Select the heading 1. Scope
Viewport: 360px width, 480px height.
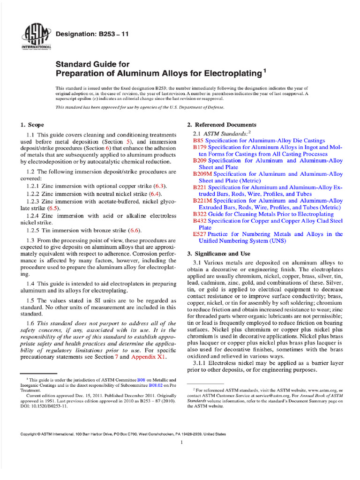point(32,125)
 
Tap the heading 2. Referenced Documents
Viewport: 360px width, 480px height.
point(222,125)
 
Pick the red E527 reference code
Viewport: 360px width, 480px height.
point(200,234)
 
